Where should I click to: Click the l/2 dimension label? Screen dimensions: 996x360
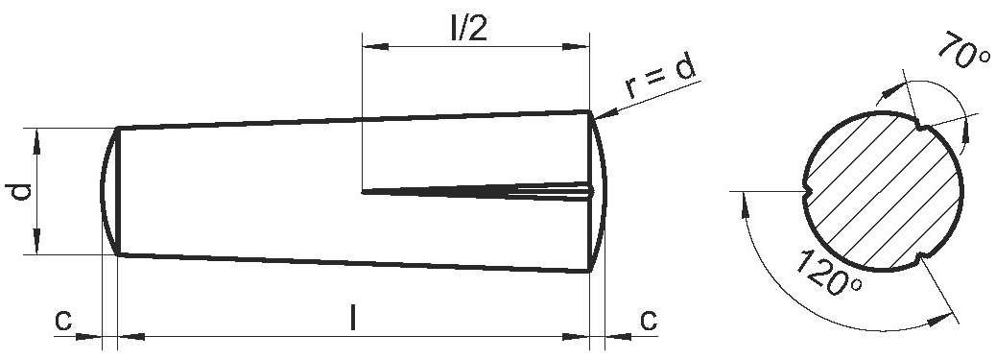tap(469, 29)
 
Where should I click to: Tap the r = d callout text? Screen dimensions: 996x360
tap(660, 78)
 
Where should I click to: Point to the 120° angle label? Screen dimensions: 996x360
tap(828, 273)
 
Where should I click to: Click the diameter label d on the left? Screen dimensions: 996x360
tap(19, 191)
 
